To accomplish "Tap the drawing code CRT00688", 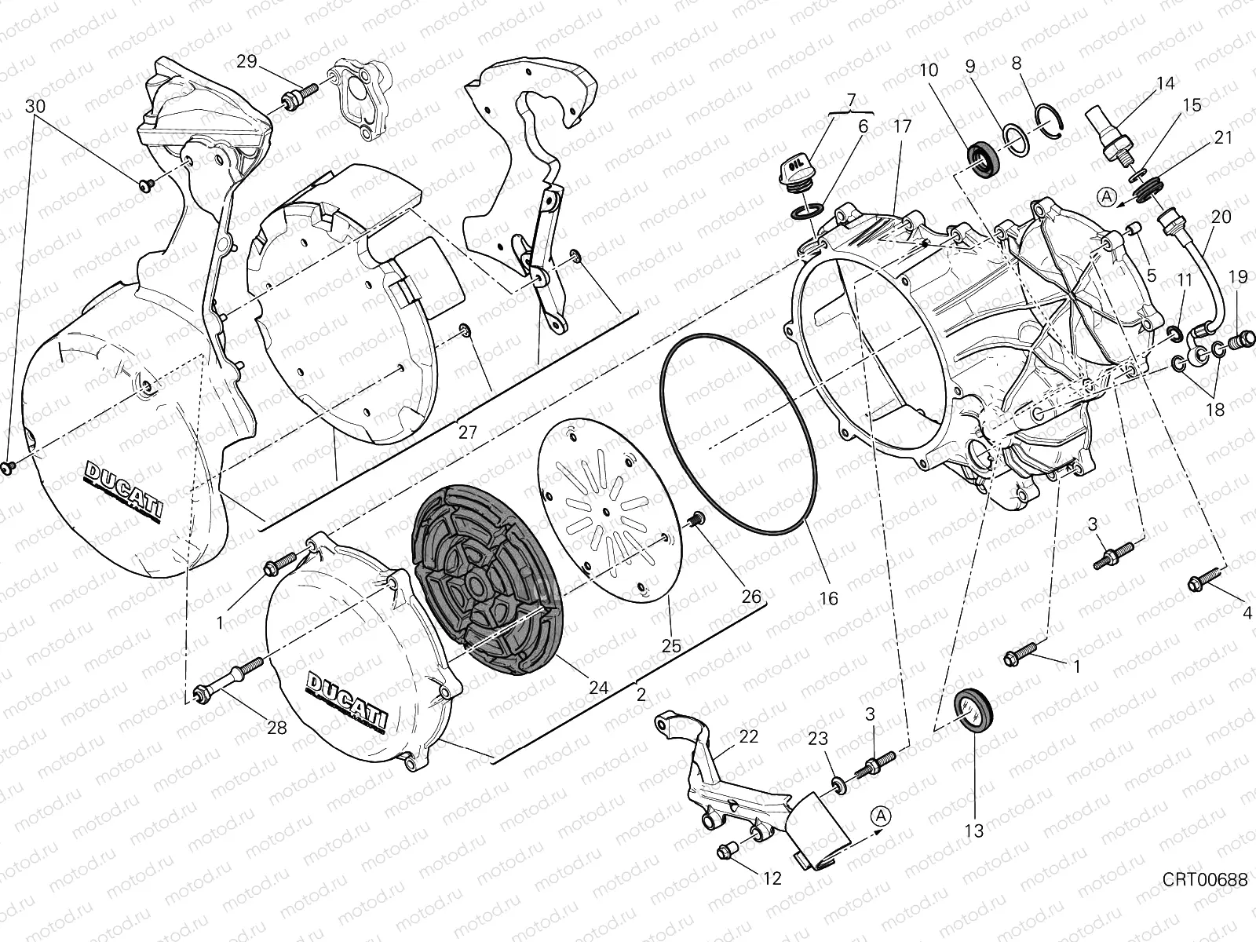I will click(1206, 879).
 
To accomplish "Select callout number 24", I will click(598, 688).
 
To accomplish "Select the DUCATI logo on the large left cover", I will click(124, 487).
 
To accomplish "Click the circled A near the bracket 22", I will click(881, 816).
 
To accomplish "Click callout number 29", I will click(246, 61).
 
